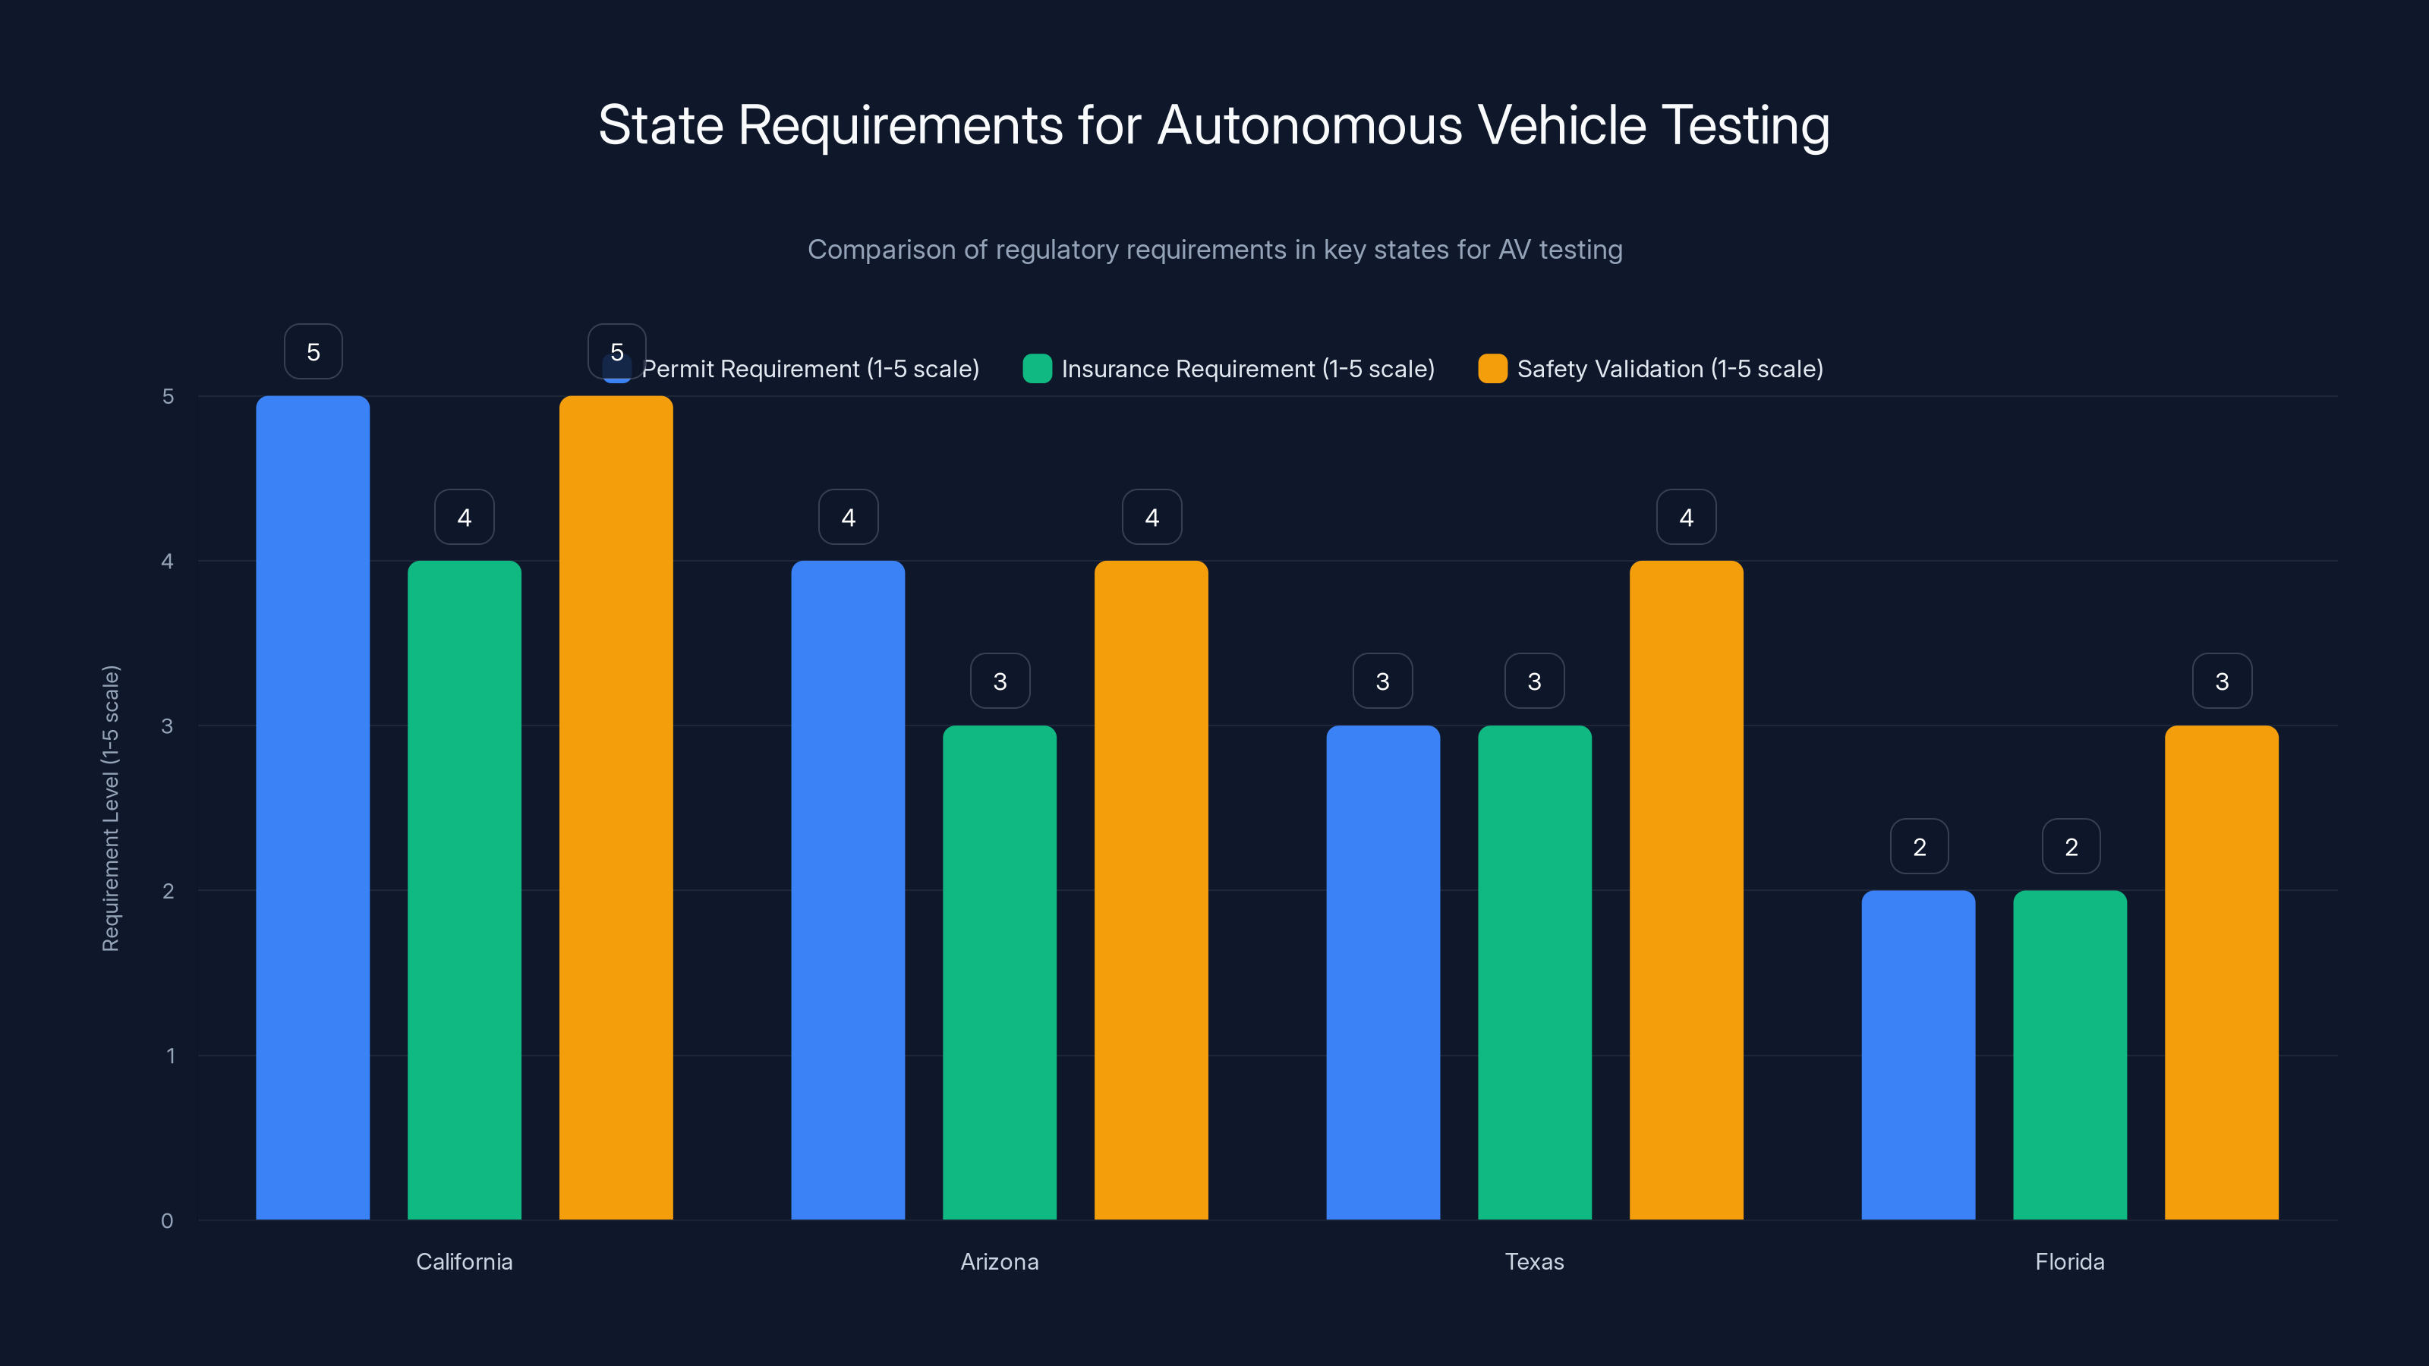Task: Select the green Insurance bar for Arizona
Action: (x=1000, y=972)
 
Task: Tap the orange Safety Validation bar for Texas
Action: (x=1686, y=890)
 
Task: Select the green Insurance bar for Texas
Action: (x=1534, y=972)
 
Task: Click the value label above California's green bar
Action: (x=464, y=518)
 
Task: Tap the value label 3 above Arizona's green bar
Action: (x=1000, y=681)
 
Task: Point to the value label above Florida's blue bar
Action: (x=1919, y=847)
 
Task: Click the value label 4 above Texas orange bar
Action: (x=1686, y=518)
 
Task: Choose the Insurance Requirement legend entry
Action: (x=1230, y=369)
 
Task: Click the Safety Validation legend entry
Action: (x=1651, y=369)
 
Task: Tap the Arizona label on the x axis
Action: (x=1000, y=1261)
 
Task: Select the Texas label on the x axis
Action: (x=1534, y=1261)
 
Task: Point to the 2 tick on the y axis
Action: (x=168, y=891)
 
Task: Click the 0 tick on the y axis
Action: (x=167, y=1221)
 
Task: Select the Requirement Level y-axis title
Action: (x=112, y=808)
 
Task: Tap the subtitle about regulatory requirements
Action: (x=1214, y=250)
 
